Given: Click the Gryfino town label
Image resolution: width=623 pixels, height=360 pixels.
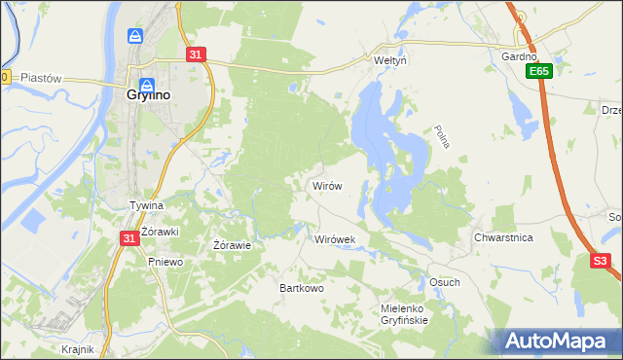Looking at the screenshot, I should (149, 95).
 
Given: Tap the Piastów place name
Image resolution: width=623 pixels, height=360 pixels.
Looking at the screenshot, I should (41, 78).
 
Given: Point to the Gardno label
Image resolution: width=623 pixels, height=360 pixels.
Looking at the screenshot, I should (519, 55).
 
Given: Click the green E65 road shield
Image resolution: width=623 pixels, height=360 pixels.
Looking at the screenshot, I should (541, 71).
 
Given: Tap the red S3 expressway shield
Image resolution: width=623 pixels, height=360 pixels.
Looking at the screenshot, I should (602, 261).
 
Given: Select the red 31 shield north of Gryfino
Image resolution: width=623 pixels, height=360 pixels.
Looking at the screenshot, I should (196, 55).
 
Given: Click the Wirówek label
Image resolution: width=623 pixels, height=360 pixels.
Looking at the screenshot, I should (336, 238).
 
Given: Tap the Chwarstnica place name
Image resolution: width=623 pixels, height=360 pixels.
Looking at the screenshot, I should (503, 237).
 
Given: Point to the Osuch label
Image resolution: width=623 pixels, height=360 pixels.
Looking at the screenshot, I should (444, 282).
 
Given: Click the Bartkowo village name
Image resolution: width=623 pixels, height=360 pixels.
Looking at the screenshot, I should (302, 289).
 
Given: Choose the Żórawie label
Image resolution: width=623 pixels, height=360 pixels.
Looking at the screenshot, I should (233, 245).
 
